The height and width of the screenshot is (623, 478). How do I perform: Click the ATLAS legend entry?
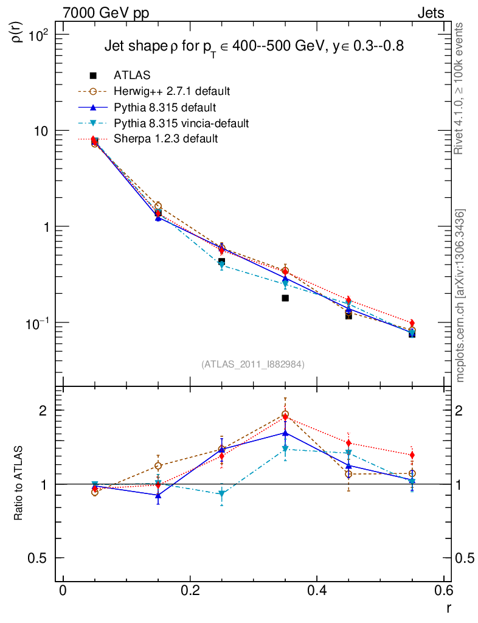click(132, 75)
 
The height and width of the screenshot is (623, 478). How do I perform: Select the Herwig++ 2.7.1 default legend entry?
click(171, 92)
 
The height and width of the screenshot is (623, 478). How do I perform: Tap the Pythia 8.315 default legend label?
click(165, 108)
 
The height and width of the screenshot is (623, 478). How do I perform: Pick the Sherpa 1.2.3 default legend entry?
click(166, 139)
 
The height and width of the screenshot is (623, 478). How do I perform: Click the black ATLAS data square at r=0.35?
click(285, 298)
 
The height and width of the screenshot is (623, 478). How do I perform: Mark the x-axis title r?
click(448, 607)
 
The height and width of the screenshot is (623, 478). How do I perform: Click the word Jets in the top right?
click(431, 13)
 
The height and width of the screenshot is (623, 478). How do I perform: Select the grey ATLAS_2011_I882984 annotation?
click(253, 364)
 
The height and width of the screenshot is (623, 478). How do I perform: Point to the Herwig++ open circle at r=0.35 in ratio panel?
click(285, 415)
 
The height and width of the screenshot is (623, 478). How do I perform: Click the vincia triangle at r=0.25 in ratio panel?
click(222, 494)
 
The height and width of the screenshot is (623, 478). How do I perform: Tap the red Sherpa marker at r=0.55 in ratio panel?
click(412, 455)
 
